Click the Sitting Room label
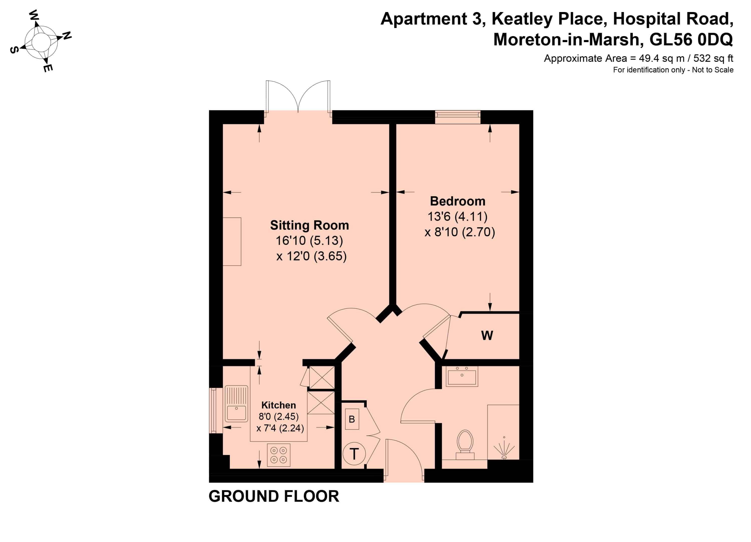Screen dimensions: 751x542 tap(310, 226)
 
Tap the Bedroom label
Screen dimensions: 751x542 tap(458, 201)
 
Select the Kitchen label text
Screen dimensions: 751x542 tap(278, 405)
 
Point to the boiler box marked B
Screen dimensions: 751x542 tap(352, 419)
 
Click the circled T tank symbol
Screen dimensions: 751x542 tap(354, 454)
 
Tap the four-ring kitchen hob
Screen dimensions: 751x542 tap(278, 455)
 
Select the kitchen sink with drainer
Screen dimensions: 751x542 tap(236, 403)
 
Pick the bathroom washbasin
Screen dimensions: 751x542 tap(462, 376)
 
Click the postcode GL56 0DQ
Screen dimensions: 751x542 tap(691, 39)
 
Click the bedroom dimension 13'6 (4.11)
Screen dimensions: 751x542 tap(458, 216)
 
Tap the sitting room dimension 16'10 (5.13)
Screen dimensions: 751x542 tap(309, 241)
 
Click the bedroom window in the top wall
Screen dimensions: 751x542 tap(458, 117)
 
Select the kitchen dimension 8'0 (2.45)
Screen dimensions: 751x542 tap(278, 416)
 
